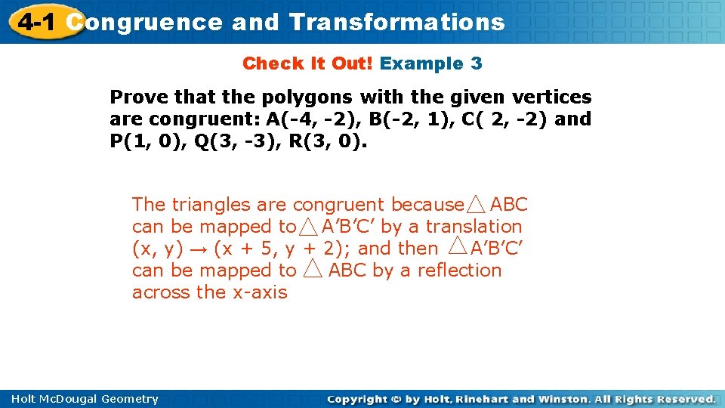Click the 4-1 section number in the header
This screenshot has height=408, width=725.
coord(36,22)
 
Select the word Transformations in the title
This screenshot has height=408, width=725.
coord(397,22)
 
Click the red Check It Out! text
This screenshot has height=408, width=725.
coord(307,63)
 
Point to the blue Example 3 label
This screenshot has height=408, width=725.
coord(430,63)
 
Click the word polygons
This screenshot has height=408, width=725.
coord(305,97)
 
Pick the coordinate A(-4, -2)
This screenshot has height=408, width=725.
coord(311,119)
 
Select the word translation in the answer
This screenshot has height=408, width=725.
coord(474,226)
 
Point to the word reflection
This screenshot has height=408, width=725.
coord(458,270)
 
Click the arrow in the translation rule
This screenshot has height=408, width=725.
coord(202,248)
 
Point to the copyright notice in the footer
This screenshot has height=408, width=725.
coord(521,399)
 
